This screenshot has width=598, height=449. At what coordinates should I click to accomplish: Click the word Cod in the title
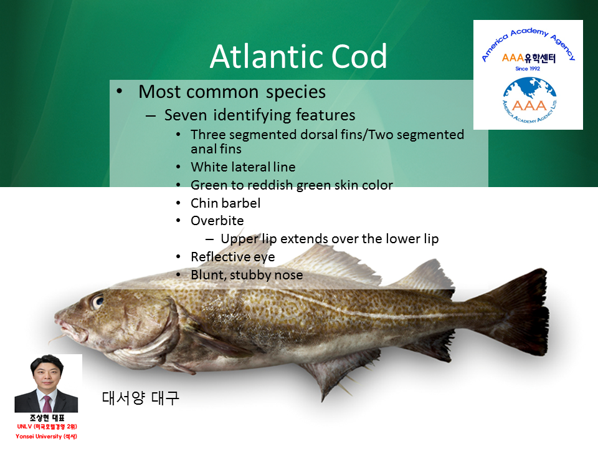[x=359, y=56]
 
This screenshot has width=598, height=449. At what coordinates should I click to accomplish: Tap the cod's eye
[x=97, y=301]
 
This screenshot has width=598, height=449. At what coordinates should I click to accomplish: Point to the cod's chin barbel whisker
[x=57, y=338]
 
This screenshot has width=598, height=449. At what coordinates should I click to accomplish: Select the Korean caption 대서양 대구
[x=140, y=398]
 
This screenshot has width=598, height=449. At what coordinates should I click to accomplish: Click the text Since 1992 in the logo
[x=528, y=69]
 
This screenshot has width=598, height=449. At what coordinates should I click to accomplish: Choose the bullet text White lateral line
[x=243, y=167]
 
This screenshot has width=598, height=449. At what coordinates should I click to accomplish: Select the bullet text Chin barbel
[x=225, y=203]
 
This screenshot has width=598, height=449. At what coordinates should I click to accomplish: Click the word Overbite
[x=217, y=221]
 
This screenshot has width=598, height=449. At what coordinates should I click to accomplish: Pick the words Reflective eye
[x=232, y=257]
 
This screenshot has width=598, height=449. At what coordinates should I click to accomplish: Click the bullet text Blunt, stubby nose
[x=247, y=275]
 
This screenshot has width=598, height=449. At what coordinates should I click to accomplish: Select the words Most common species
[x=232, y=92]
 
